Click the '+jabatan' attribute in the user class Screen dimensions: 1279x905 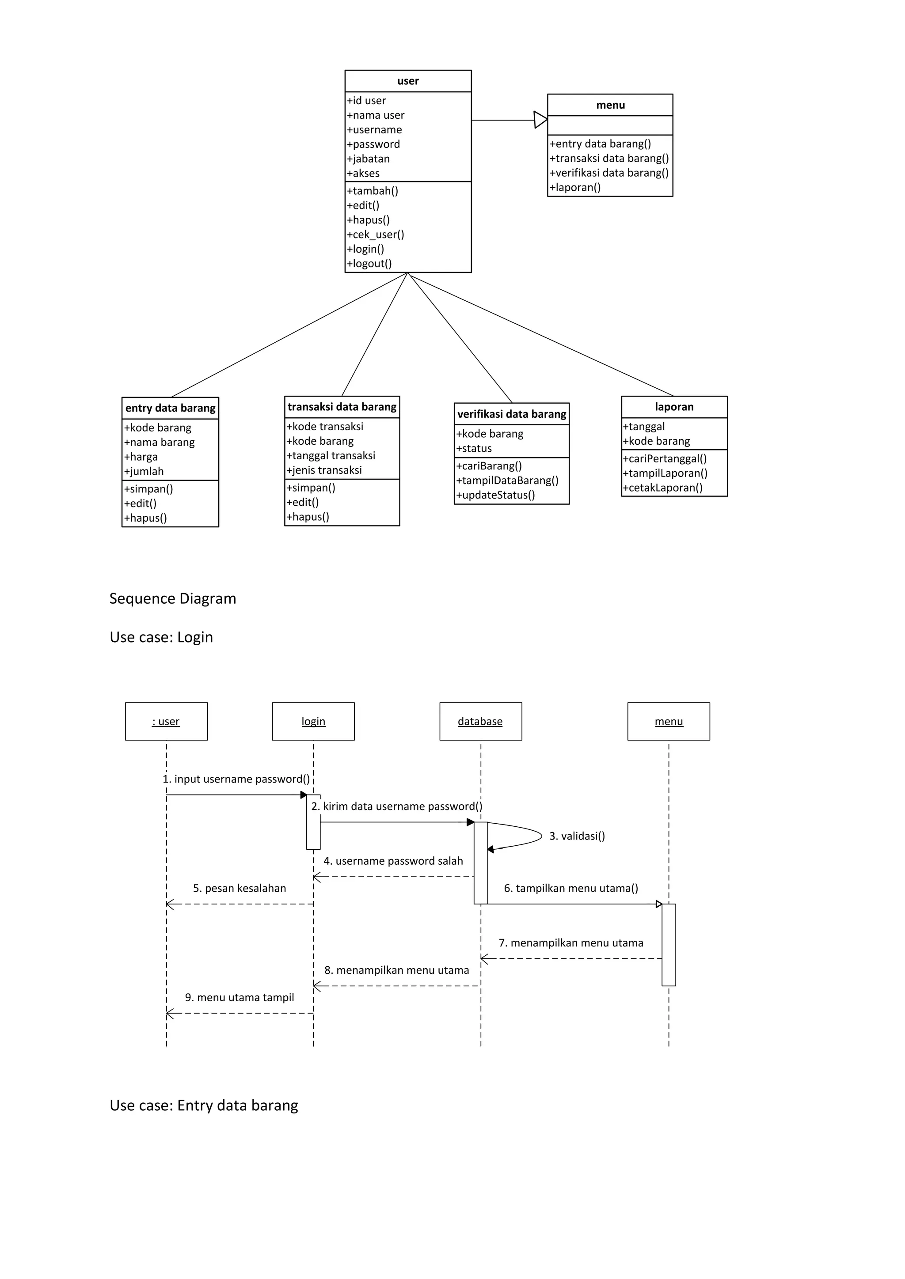pyautogui.click(x=369, y=159)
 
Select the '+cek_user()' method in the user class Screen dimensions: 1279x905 pyautogui.click(x=376, y=235)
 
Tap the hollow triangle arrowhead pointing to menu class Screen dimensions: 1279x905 pyautogui.click(x=540, y=120)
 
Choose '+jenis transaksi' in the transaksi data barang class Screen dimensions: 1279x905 pyautogui.click(x=324, y=470)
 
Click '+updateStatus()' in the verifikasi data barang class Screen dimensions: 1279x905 pyautogui.click(x=495, y=495)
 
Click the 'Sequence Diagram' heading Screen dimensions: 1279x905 pyautogui.click(x=173, y=599)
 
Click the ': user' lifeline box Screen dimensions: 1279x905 pyautogui.click(x=166, y=721)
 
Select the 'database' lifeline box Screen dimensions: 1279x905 pyautogui.click(x=480, y=721)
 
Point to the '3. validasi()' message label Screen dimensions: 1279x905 pyautogui.click(x=577, y=836)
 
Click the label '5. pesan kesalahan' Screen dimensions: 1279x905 pyautogui.click(x=240, y=889)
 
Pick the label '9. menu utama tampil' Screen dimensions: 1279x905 pyautogui.click(x=240, y=998)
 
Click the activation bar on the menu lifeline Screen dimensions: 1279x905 pyautogui.click(x=669, y=945)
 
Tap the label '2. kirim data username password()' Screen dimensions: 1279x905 pyautogui.click(x=397, y=806)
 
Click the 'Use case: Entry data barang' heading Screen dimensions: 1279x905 pyautogui.click(x=204, y=1106)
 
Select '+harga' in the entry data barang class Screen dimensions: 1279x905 pyautogui.click(x=141, y=457)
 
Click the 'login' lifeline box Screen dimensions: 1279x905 pyautogui.click(x=313, y=721)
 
